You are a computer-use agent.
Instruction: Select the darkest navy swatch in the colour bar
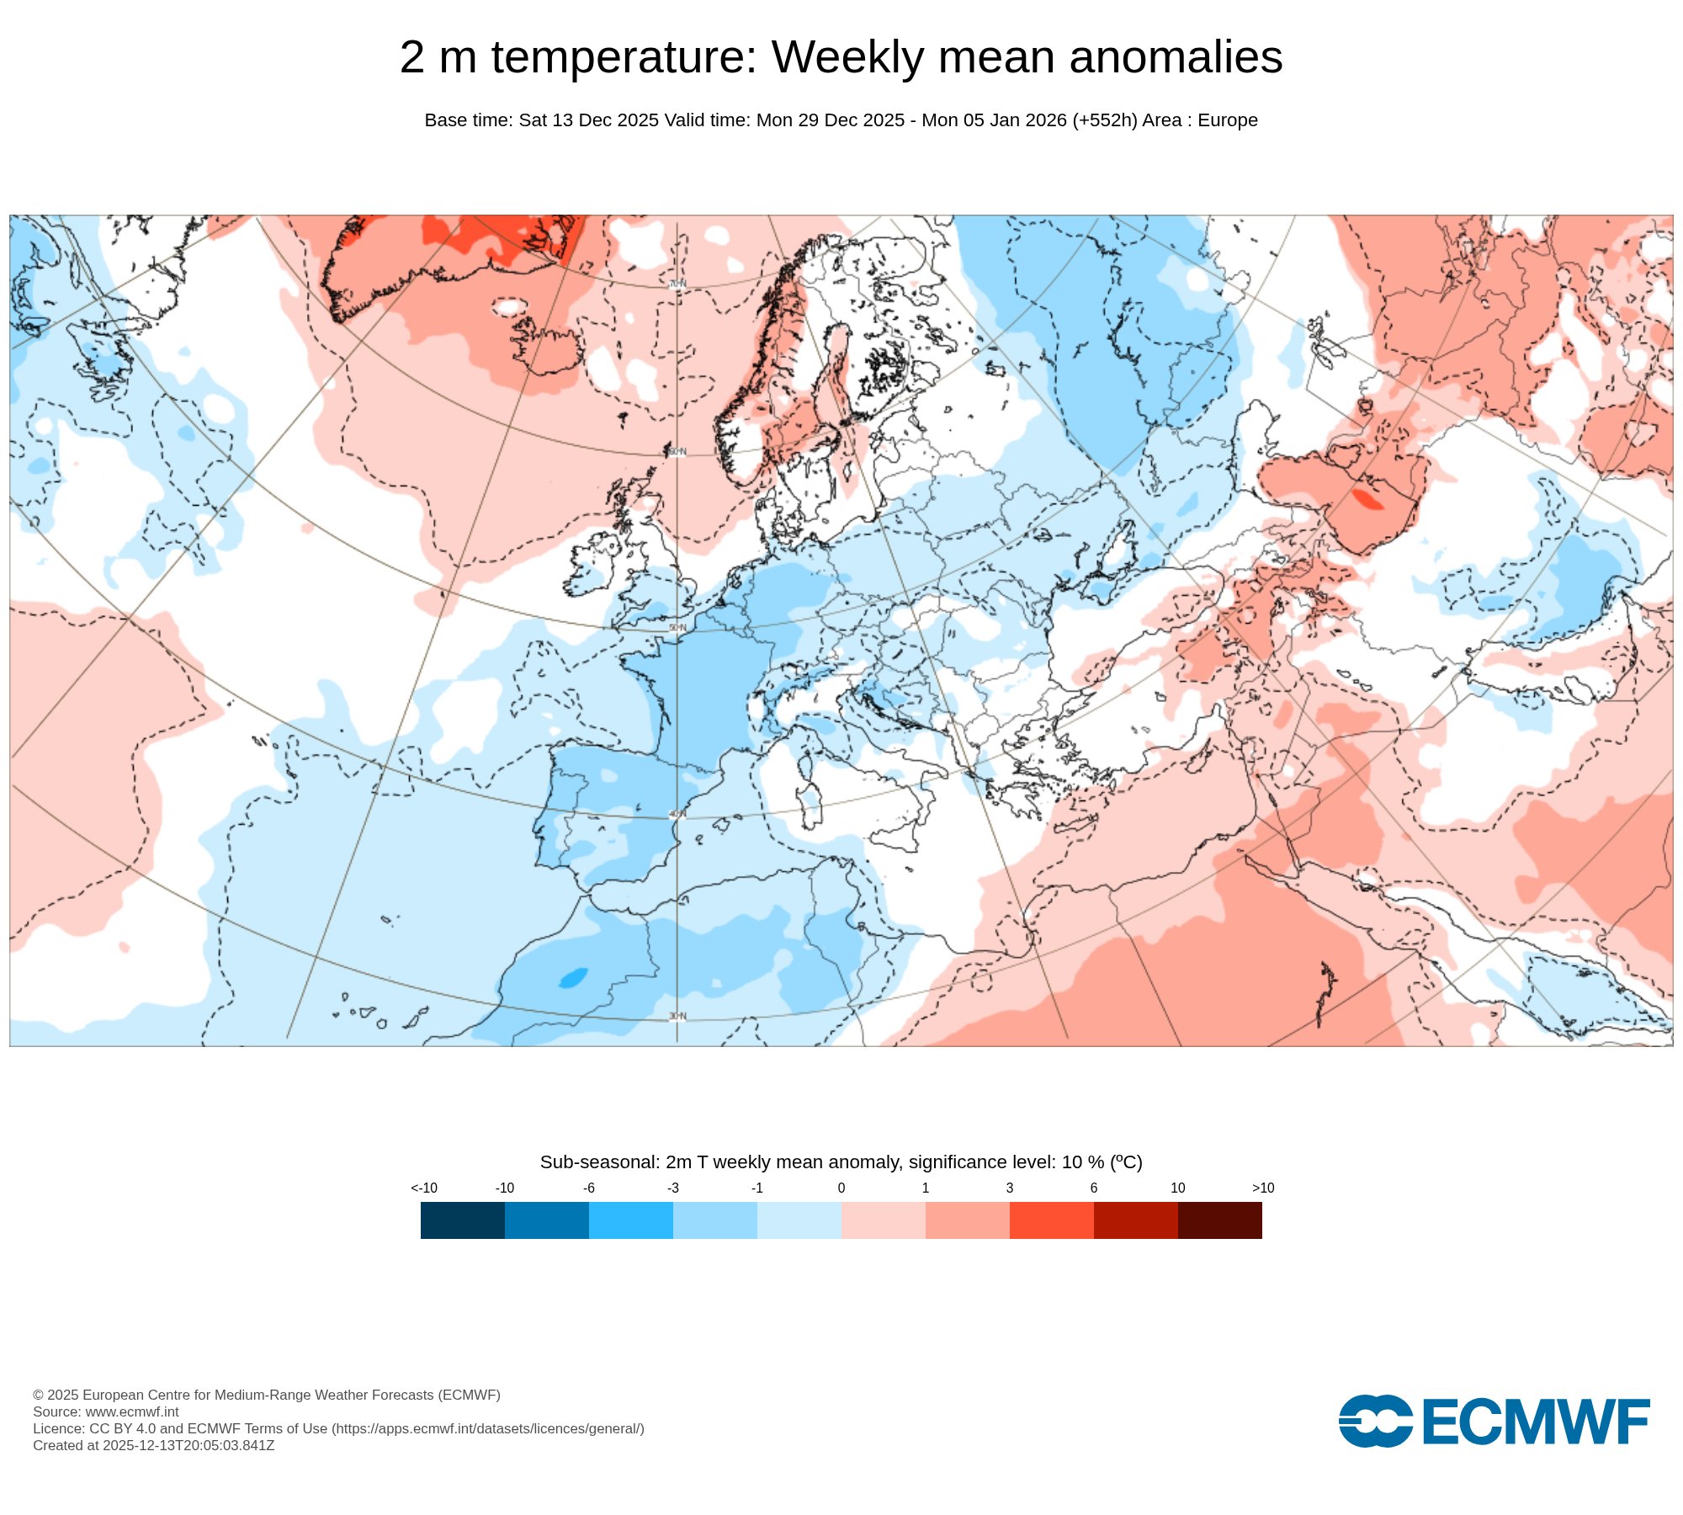pyautogui.click(x=462, y=1220)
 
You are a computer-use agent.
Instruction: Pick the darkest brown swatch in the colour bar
pyautogui.click(x=1219, y=1220)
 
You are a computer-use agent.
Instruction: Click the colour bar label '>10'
pyautogui.click(x=1262, y=1188)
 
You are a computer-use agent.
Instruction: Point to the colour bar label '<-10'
pyautogui.click(x=424, y=1188)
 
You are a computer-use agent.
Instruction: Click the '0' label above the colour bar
pyautogui.click(x=841, y=1188)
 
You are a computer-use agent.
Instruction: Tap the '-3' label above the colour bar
pyautogui.click(x=673, y=1188)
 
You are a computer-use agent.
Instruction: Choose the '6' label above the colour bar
pyautogui.click(x=1094, y=1188)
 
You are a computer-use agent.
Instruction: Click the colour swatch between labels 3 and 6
pyautogui.click(x=1051, y=1220)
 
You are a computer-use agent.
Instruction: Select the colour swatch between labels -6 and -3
pyautogui.click(x=630, y=1220)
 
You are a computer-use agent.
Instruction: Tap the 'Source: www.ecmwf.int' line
pyautogui.click(x=106, y=1411)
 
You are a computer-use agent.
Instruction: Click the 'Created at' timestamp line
pyautogui.click(x=154, y=1445)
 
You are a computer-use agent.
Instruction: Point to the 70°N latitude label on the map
pyautogui.click(x=677, y=284)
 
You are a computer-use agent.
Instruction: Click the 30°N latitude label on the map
pyautogui.click(x=677, y=1016)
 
